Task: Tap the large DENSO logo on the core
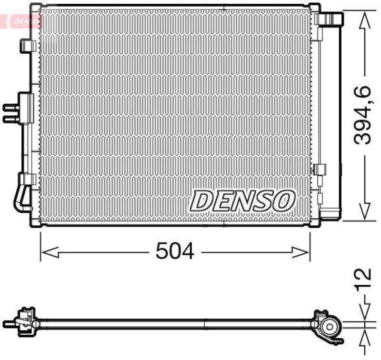click(243, 200)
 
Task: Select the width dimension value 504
click(175, 251)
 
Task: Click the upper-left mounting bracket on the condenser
click(29, 45)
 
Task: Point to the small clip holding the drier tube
click(321, 169)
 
